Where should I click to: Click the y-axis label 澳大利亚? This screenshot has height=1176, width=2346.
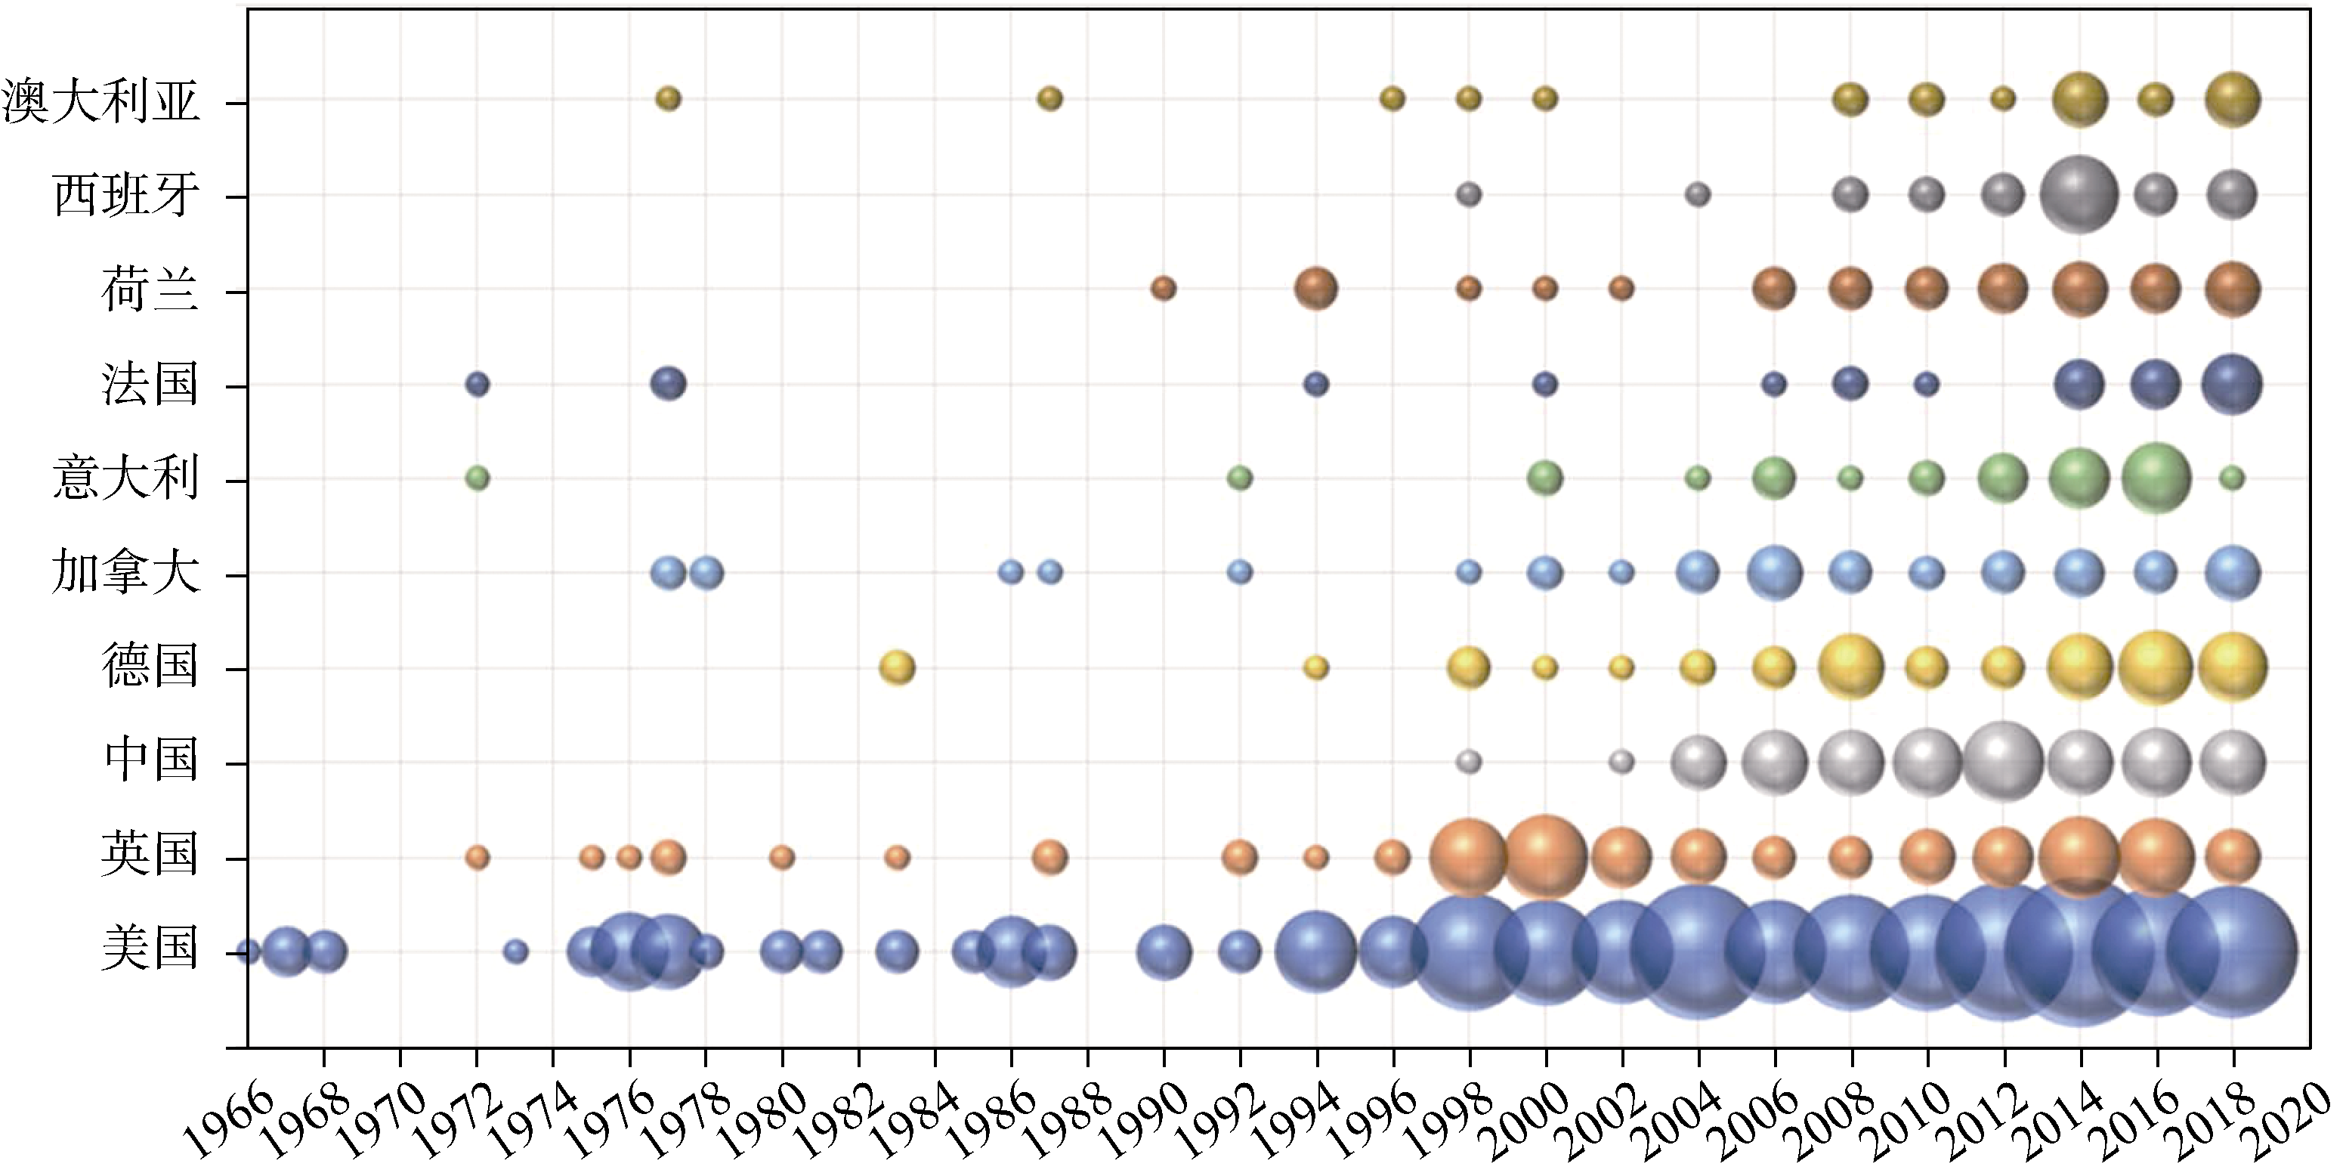pyautogui.click(x=100, y=101)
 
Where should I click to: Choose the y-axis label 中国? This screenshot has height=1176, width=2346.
pyautogui.click(x=150, y=760)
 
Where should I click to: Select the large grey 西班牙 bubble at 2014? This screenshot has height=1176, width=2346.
pyautogui.click(x=2079, y=194)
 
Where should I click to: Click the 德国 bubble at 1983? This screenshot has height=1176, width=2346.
pyautogui.click(x=897, y=667)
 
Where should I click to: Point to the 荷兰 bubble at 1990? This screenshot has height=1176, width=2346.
pyautogui.click(x=1163, y=289)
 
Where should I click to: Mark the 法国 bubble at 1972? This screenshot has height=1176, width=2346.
pyautogui.click(x=478, y=385)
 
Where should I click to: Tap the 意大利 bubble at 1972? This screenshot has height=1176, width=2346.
pyautogui.click(x=478, y=478)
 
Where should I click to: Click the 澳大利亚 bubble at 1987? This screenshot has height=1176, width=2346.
pyautogui.click(x=1049, y=98)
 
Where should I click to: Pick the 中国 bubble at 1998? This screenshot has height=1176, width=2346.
pyautogui.click(x=1468, y=762)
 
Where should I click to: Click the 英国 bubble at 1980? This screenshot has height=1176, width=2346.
pyautogui.click(x=781, y=857)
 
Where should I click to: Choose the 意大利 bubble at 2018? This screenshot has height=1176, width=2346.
pyautogui.click(x=2232, y=478)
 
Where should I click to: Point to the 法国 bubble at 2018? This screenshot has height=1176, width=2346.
pyautogui.click(x=2232, y=385)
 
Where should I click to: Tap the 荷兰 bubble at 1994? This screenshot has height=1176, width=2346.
pyautogui.click(x=1316, y=289)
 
